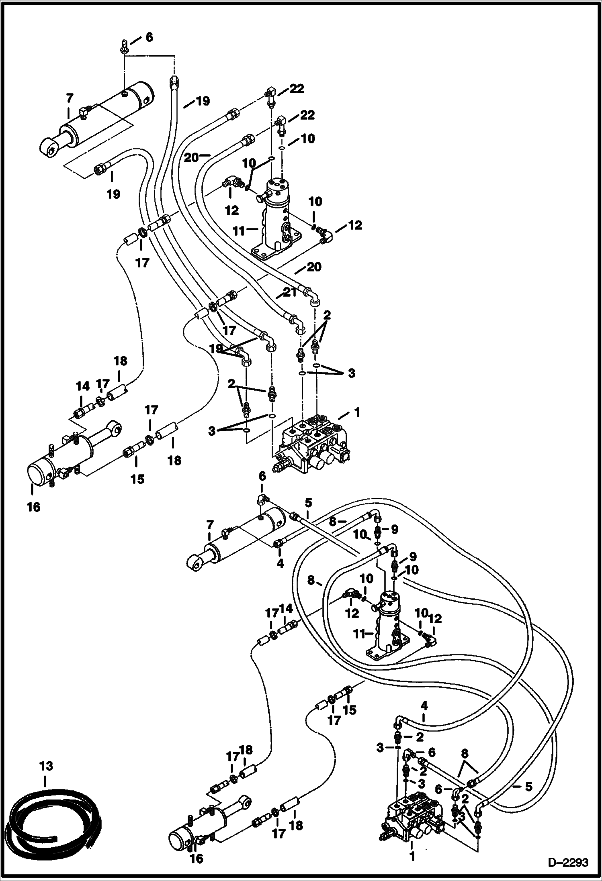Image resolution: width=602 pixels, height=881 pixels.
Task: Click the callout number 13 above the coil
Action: tap(46, 766)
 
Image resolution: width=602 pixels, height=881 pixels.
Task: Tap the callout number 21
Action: tap(291, 292)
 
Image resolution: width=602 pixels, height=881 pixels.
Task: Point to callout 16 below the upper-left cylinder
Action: tap(34, 507)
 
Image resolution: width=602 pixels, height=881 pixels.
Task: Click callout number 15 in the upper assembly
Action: tap(137, 479)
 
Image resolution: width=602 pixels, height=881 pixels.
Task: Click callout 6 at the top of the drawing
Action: tap(149, 37)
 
